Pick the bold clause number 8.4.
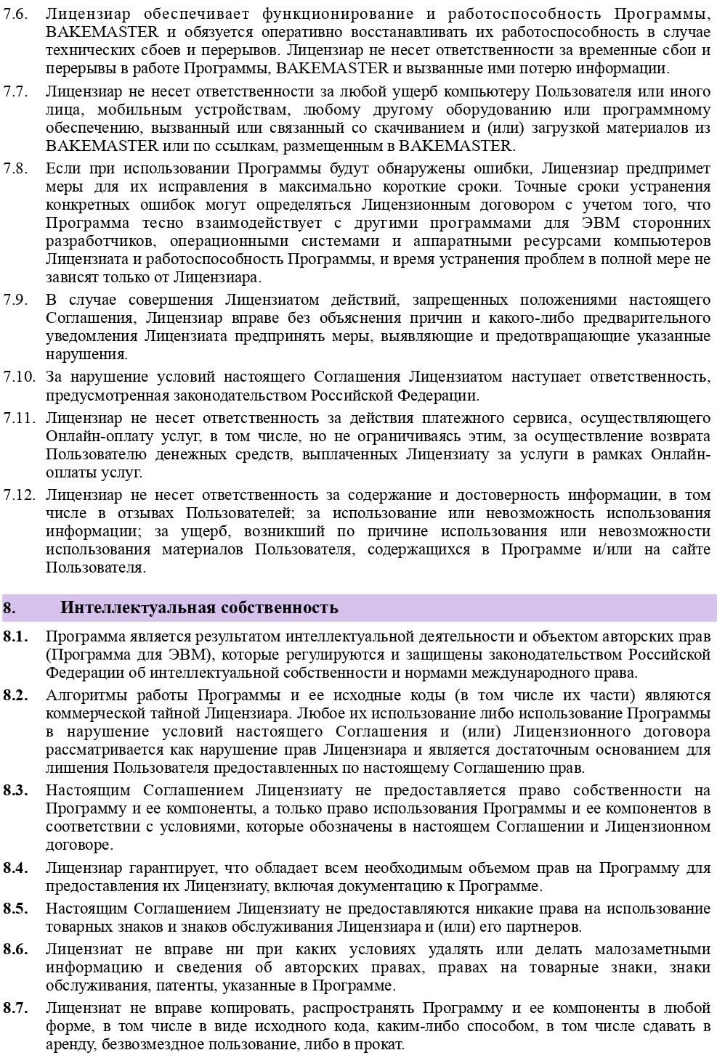click(x=15, y=867)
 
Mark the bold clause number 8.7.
click(x=15, y=1008)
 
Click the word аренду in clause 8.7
click(x=69, y=1045)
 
